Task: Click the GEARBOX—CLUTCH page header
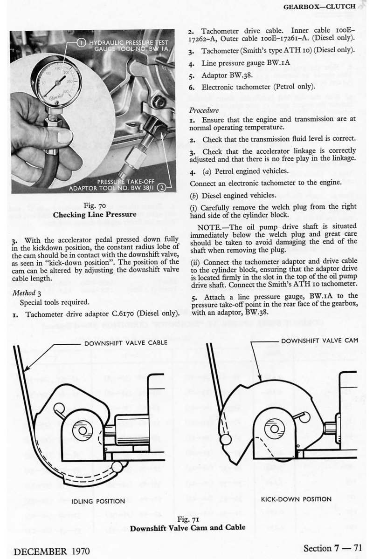coord(319,7)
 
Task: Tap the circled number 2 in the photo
coord(161,188)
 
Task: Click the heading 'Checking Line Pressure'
coord(95,215)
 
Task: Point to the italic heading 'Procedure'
coord(204,111)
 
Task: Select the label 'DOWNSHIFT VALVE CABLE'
coord(120,343)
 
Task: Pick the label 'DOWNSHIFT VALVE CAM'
coord(320,340)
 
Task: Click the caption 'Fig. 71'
coord(187,519)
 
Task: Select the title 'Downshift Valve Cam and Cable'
coord(187,528)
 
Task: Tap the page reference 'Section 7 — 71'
coord(332,548)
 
